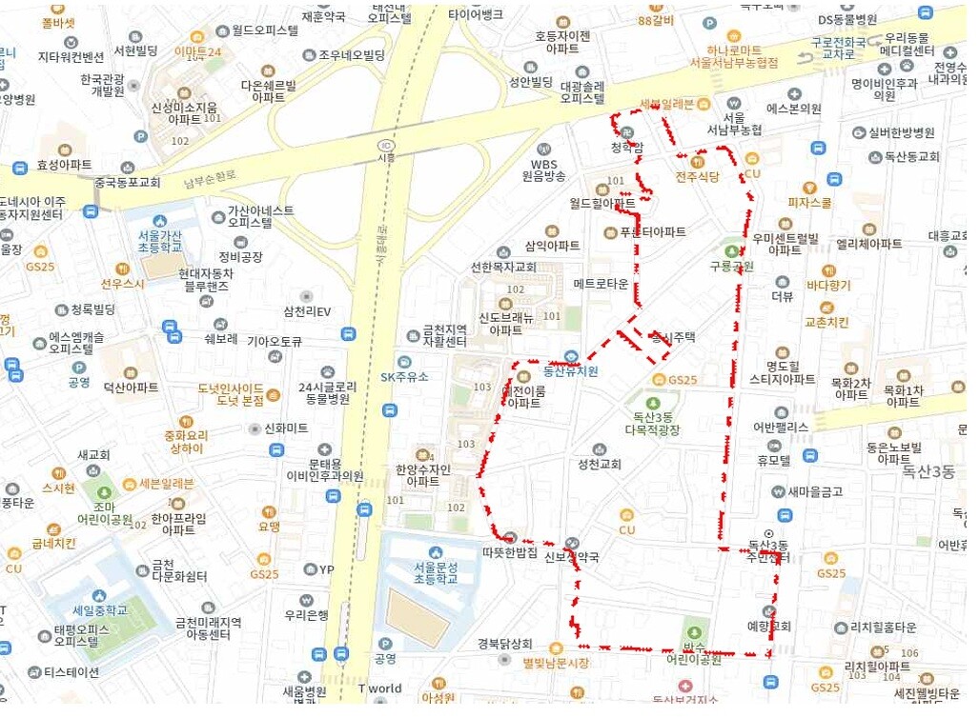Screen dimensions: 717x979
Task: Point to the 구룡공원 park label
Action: pos(731,266)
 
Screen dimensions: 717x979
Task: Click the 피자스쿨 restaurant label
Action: pos(809,203)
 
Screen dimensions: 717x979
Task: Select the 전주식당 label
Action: pos(697,176)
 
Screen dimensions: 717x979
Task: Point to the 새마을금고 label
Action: pos(807,491)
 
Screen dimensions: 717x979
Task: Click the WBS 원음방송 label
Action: pos(543,169)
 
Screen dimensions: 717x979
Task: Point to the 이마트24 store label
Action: pos(197,52)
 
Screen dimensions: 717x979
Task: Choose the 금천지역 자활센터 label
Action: pos(445,335)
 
